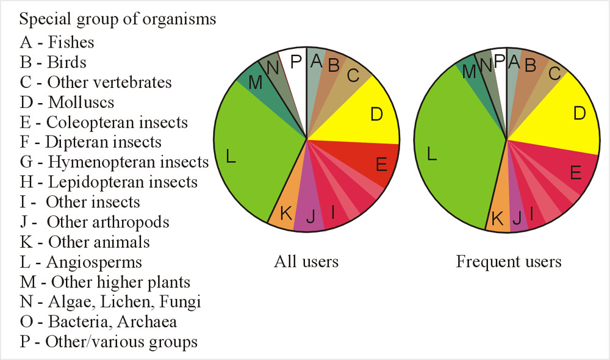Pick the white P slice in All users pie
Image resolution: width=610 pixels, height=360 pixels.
click(x=295, y=61)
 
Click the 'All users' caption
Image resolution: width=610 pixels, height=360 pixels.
click(x=306, y=262)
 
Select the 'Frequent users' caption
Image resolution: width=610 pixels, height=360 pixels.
click(x=509, y=262)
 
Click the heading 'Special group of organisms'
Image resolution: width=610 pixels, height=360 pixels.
click(x=118, y=19)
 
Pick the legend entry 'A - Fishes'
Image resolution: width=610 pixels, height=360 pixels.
click(x=57, y=43)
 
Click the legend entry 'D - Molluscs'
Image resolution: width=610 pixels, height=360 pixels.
click(x=67, y=102)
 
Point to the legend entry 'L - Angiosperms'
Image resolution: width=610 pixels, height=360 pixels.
click(x=81, y=262)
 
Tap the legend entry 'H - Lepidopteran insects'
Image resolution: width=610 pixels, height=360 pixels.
click(x=109, y=182)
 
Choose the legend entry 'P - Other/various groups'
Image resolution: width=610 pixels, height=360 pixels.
click(x=109, y=341)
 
